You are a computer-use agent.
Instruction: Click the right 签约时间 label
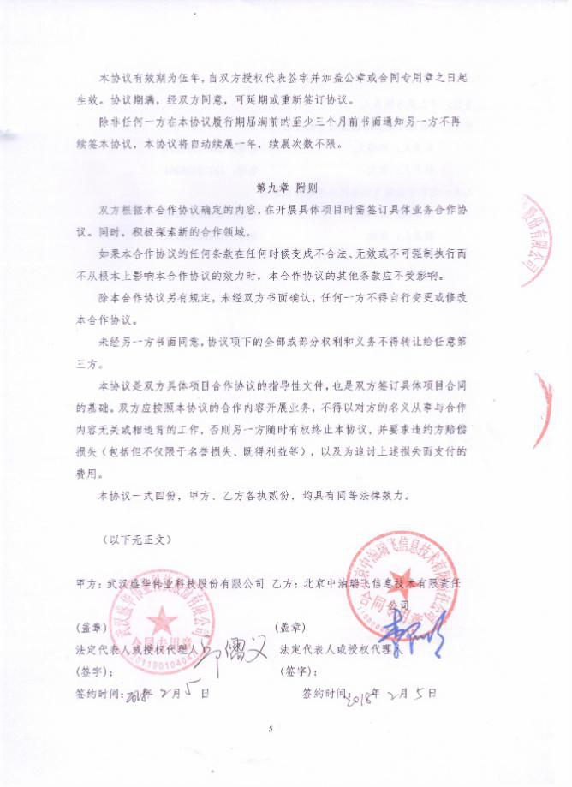tap(325, 692)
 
